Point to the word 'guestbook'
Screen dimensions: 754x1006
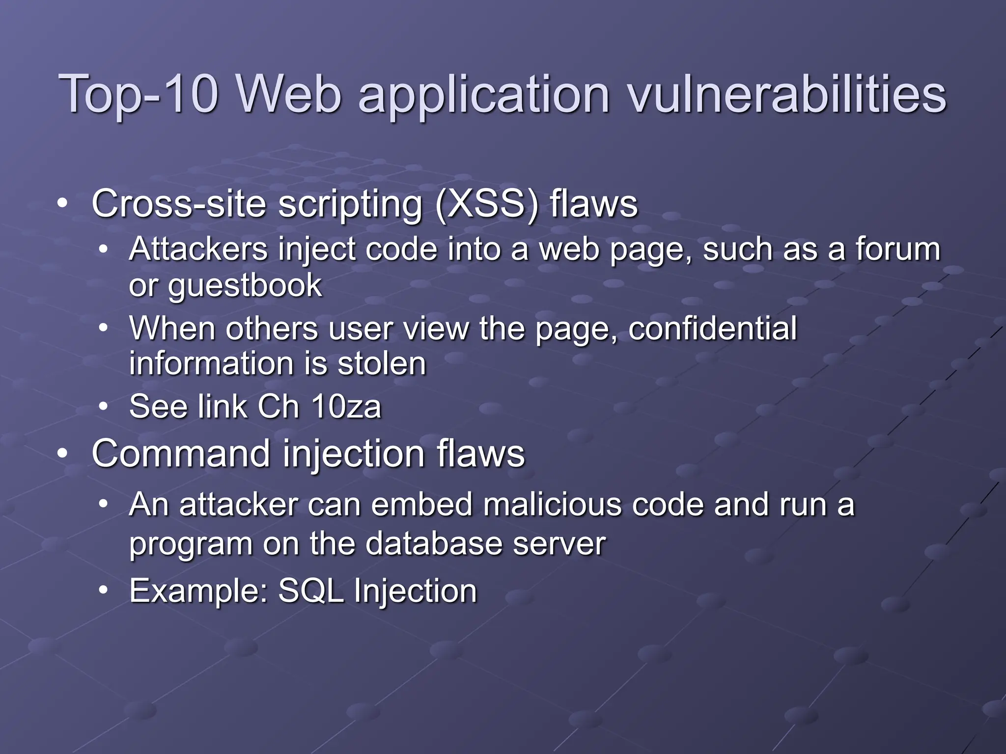[x=245, y=286]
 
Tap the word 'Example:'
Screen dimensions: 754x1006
[x=198, y=591]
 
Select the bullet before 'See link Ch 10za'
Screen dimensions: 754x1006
[x=103, y=406]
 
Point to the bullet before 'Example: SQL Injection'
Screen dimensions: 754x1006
[x=103, y=591]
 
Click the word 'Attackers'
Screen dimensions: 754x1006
[x=198, y=249]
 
